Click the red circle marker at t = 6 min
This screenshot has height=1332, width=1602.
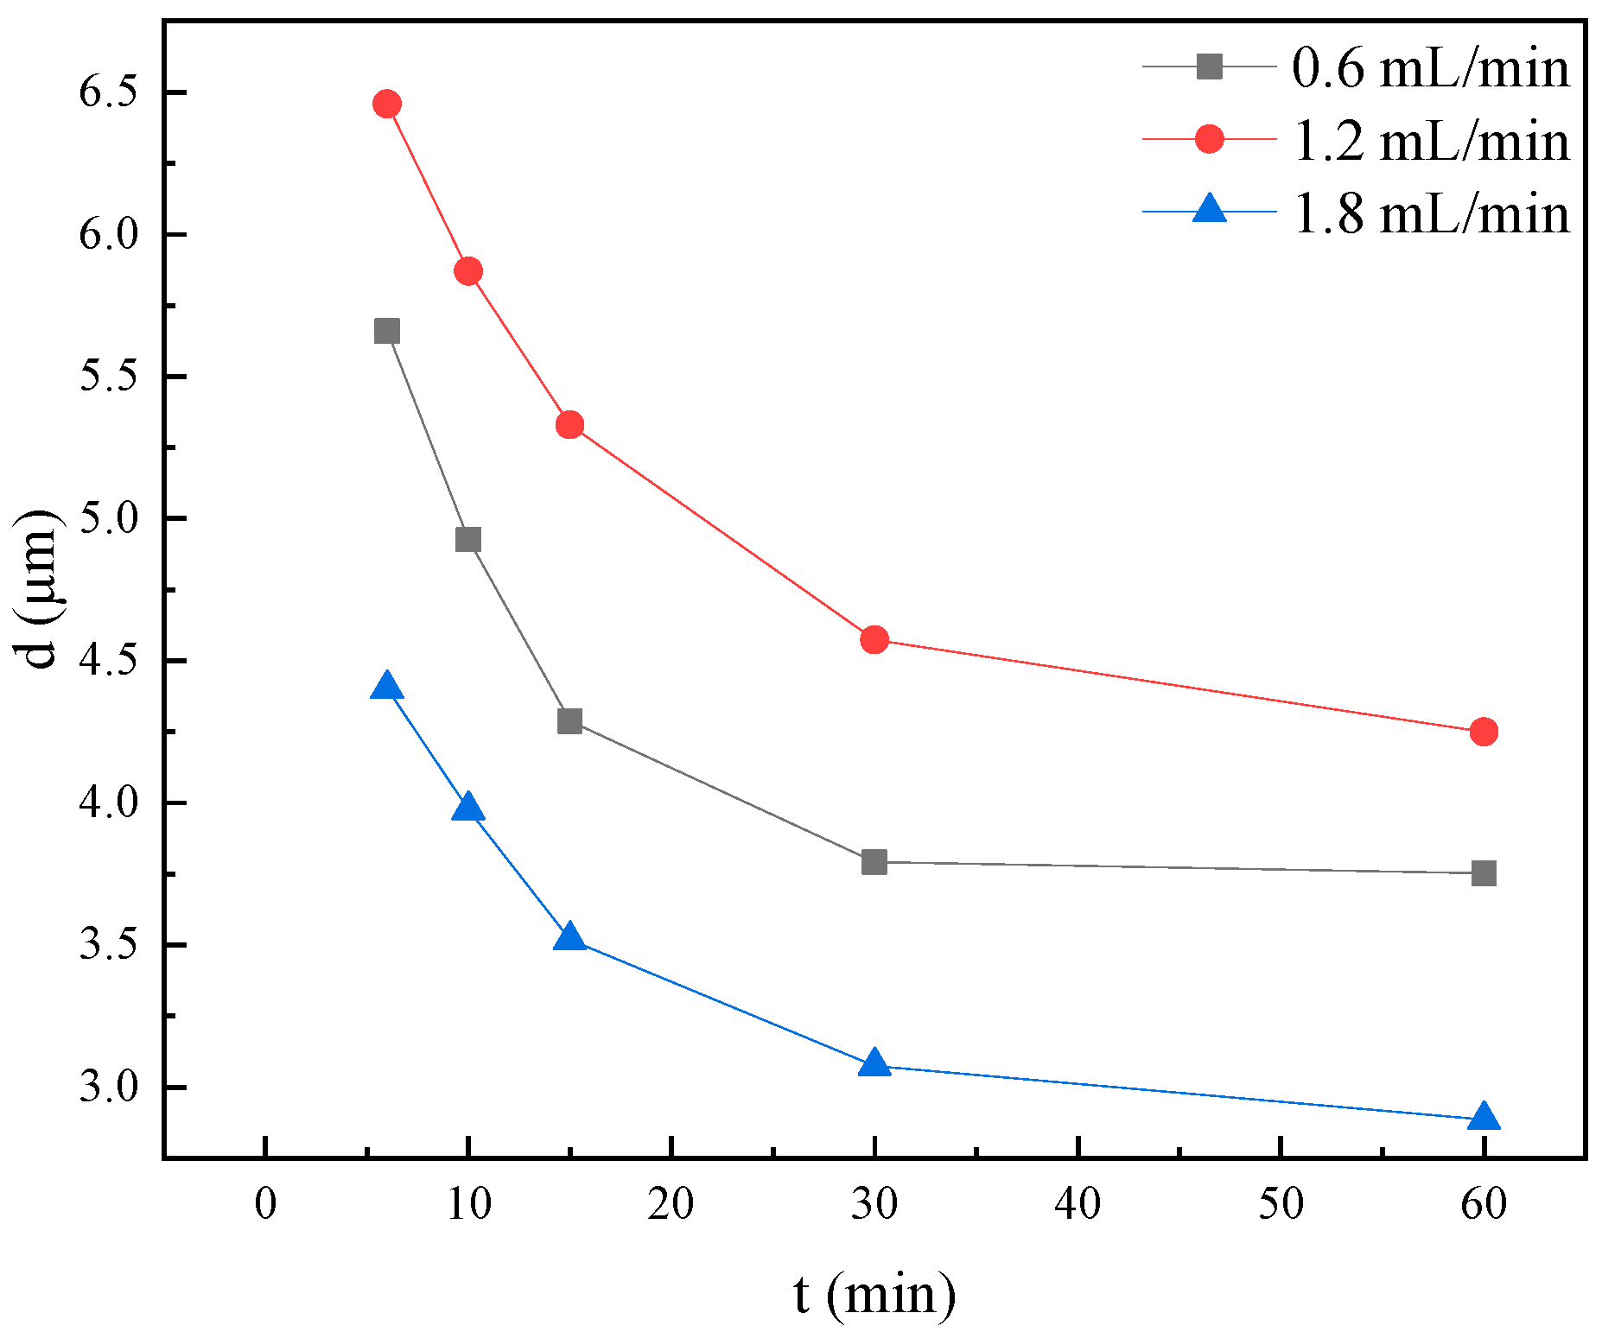coord(387,105)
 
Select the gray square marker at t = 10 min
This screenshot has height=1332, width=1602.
coord(467,540)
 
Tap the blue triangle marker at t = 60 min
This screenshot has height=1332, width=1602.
coord(1484,1116)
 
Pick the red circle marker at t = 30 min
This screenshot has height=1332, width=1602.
coord(874,640)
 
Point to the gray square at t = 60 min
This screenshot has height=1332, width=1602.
coord(1484,873)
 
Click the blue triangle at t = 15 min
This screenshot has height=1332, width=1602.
coord(569,937)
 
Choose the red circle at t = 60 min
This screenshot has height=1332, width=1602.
coord(1484,732)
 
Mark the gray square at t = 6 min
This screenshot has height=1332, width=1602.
coord(387,332)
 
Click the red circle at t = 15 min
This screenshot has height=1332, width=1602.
coord(569,425)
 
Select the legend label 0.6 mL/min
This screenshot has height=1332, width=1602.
coord(1430,68)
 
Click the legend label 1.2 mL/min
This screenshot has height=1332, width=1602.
coord(1430,140)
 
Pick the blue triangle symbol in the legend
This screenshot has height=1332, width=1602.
coord(1210,210)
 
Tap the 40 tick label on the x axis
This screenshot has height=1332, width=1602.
coord(1078,1203)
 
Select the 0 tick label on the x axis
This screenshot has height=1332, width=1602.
coord(265,1203)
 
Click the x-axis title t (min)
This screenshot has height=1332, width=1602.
coord(874,1294)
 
